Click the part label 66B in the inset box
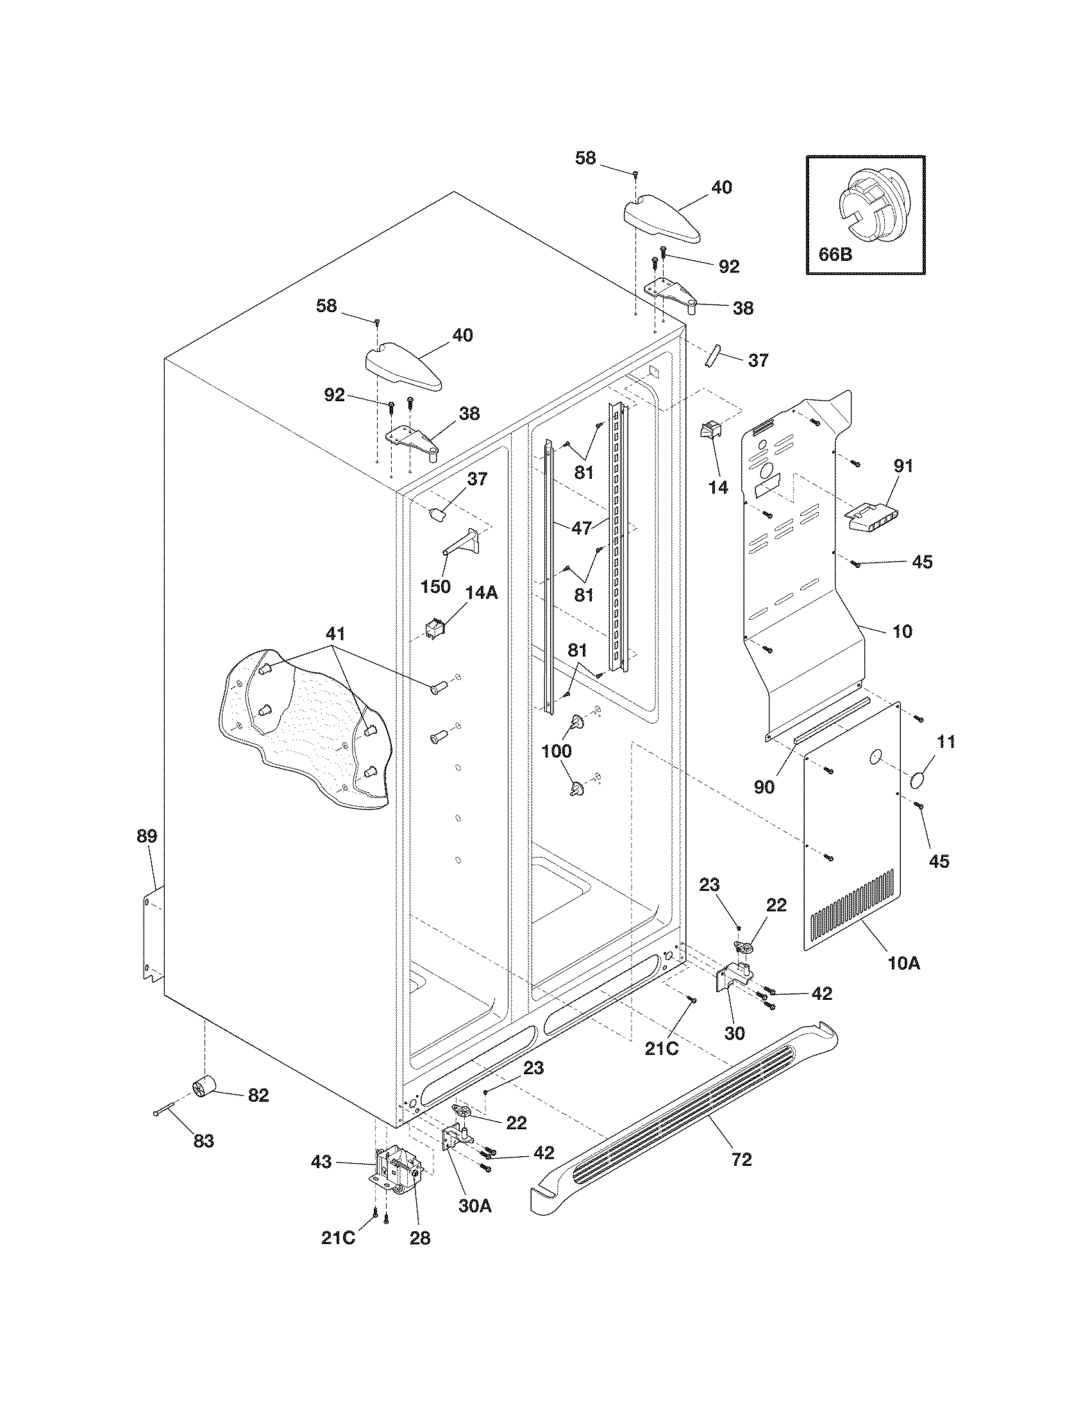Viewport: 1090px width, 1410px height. pos(835,254)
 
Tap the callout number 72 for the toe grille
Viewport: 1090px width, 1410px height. pos(742,1159)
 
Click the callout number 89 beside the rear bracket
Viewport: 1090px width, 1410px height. pos(147,836)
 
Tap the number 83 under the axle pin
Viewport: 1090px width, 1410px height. pos(203,1141)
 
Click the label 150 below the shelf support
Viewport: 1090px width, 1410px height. pos(435,588)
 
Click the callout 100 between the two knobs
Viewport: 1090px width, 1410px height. pos(556,751)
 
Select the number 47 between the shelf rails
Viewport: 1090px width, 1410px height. pos(582,528)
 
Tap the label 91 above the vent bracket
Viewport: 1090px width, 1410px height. pos(903,466)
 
